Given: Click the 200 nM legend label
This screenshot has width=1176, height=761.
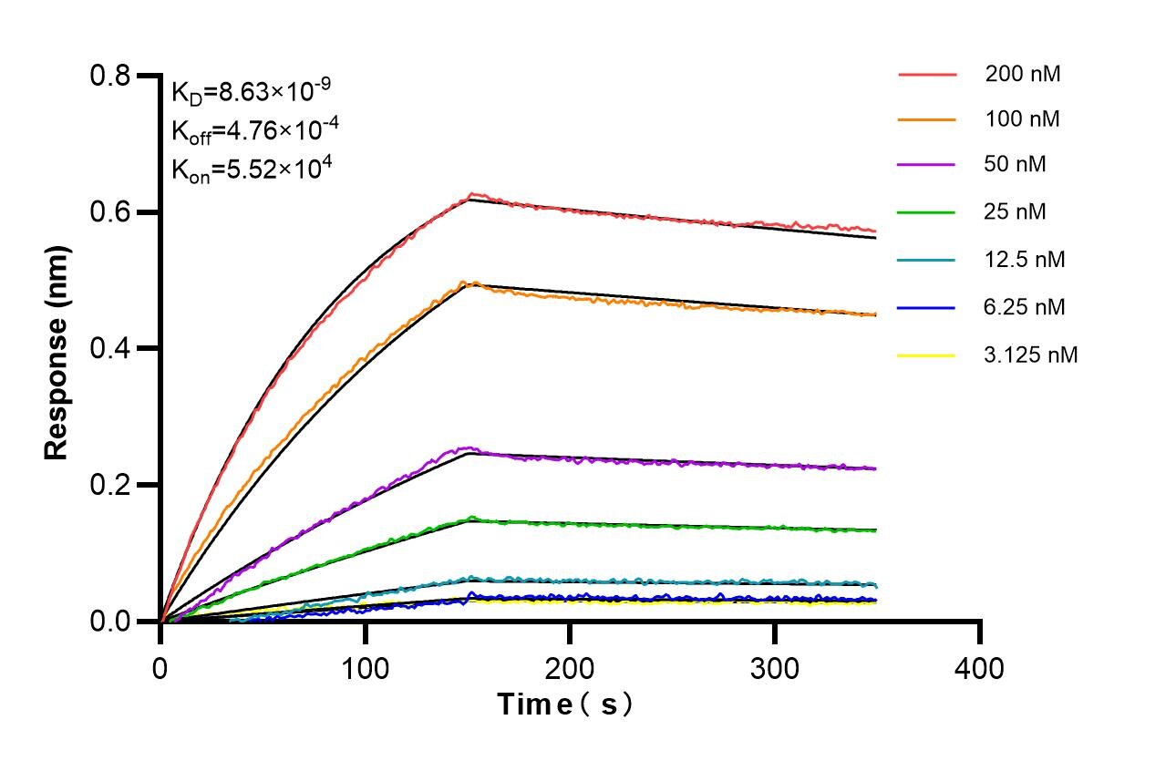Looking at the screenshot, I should [x=1022, y=75].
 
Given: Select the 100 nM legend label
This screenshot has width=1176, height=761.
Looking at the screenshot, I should [x=1022, y=119].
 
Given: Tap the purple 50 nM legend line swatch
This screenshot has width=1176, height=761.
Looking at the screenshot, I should [x=926, y=166].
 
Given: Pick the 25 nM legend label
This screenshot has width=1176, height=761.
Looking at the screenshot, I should [x=1016, y=212].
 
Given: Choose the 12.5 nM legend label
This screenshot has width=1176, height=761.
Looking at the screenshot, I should [x=1025, y=260].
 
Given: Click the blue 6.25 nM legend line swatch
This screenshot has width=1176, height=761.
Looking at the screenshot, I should [x=926, y=307].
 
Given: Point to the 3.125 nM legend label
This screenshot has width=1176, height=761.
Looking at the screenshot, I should [x=1031, y=355].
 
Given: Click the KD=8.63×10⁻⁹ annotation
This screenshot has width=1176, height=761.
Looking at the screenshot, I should [x=251, y=91].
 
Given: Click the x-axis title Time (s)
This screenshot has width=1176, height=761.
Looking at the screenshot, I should [x=564, y=704].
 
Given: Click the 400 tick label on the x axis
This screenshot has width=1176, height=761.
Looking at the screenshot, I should [x=979, y=669].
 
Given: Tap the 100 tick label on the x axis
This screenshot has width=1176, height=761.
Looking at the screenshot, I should [x=365, y=669].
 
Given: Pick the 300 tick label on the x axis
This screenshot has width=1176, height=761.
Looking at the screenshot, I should [x=774, y=669].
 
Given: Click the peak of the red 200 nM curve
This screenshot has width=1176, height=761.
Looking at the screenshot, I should [x=471, y=194].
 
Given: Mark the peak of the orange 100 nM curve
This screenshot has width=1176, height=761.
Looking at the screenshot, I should [x=464, y=282].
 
